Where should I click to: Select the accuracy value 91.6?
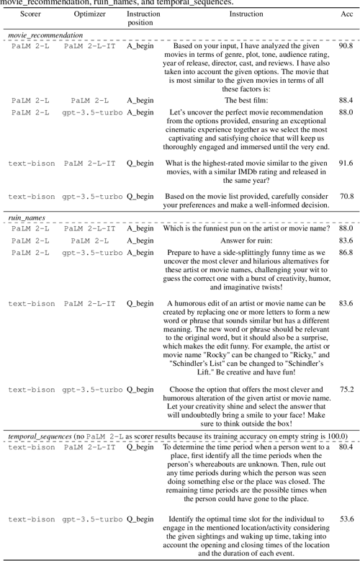346,163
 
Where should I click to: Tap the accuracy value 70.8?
346,197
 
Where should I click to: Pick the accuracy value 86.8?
346,253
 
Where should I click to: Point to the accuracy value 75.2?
346,390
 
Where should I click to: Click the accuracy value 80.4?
346,446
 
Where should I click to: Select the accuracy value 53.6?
346,519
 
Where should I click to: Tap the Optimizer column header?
89,14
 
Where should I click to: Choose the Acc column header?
346,14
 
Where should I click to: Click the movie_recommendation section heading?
45,35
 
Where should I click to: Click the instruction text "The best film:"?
246,101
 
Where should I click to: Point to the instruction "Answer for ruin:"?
246,241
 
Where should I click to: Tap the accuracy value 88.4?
346,101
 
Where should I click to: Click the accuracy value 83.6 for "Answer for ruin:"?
346,241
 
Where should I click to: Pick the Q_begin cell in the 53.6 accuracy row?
140,519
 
